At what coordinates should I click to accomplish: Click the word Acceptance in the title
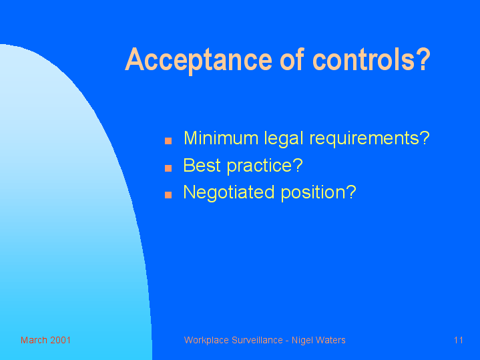click(199, 60)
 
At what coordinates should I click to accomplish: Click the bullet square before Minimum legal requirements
click(168, 141)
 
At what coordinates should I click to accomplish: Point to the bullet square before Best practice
click(168, 168)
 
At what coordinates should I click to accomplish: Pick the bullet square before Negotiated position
click(168, 195)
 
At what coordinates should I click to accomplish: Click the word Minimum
click(221, 138)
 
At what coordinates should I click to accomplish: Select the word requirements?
click(369, 138)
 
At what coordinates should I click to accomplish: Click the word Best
click(202, 166)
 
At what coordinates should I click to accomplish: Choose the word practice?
click(265, 166)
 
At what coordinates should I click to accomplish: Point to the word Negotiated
click(229, 193)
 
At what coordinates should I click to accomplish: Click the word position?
click(318, 193)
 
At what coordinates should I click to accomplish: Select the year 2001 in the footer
click(60, 340)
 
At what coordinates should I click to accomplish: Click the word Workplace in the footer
click(206, 341)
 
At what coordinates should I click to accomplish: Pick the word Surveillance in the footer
click(257, 340)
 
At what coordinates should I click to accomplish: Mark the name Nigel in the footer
click(302, 341)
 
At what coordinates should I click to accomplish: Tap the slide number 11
click(458, 340)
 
